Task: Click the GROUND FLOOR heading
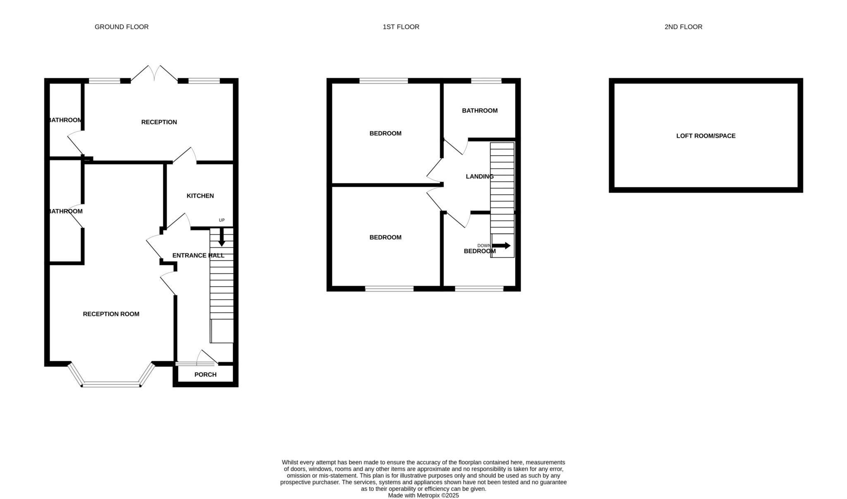click(x=121, y=27)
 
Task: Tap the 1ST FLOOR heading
click(x=401, y=27)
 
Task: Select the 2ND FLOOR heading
click(x=683, y=27)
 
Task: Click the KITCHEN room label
click(x=200, y=196)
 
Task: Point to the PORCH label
click(x=205, y=374)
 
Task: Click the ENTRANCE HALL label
click(x=198, y=255)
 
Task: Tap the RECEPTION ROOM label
click(x=111, y=314)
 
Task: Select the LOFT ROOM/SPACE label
click(x=706, y=136)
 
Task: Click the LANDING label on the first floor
click(x=479, y=176)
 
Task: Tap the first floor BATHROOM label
click(x=479, y=110)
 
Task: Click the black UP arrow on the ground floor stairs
click(x=222, y=239)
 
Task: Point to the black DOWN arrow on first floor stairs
click(x=501, y=245)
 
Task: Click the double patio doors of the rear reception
click(x=154, y=74)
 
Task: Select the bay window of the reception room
click(x=111, y=384)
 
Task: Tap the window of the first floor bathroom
click(x=486, y=81)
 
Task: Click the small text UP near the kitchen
click(x=222, y=220)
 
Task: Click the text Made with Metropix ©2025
click(x=423, y=495)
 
